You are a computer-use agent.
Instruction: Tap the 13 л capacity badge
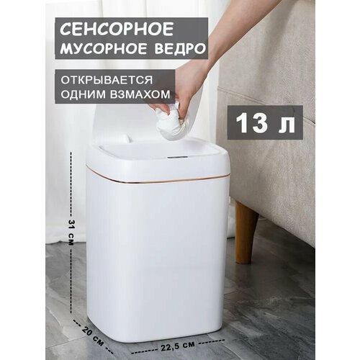(264, 123)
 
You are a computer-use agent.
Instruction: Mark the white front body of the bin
(158, 259)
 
